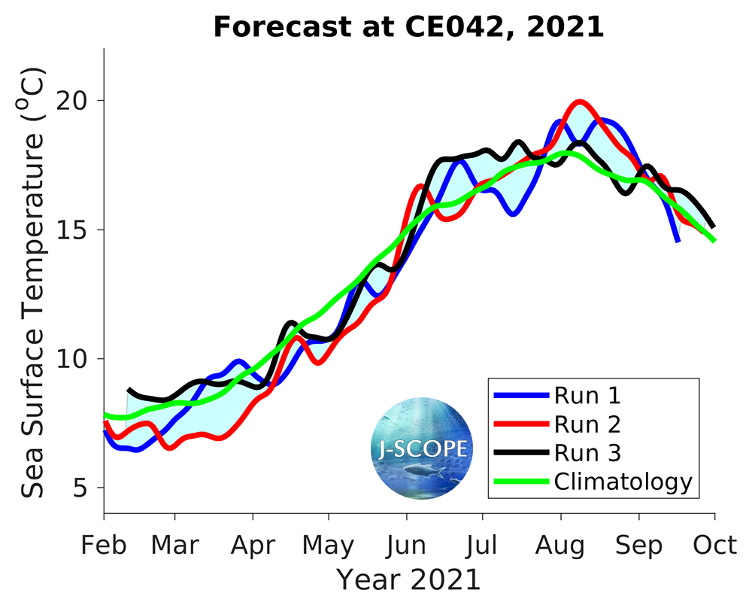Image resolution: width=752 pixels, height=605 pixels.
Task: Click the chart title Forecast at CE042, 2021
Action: click(x=408, y=27)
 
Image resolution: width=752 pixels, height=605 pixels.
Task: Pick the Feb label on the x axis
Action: click(x=104, y=545)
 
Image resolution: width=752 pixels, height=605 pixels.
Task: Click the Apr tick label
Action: click(x=253, y=545)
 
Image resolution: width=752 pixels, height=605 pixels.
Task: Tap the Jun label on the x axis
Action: click(x=406, y=545)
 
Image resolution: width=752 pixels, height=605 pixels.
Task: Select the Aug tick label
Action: click(x=560, y=545)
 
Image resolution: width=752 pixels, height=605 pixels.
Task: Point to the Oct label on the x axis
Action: click(x=714, y=545)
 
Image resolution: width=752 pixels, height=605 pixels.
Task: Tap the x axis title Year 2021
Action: click(x=408, y=580)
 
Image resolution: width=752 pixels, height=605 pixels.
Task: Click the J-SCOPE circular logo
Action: click(x=421, y=448)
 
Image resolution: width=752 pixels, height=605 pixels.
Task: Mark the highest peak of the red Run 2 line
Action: click(x=579, y=102)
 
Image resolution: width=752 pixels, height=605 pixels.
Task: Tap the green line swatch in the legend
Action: click(x=519, y=482)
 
